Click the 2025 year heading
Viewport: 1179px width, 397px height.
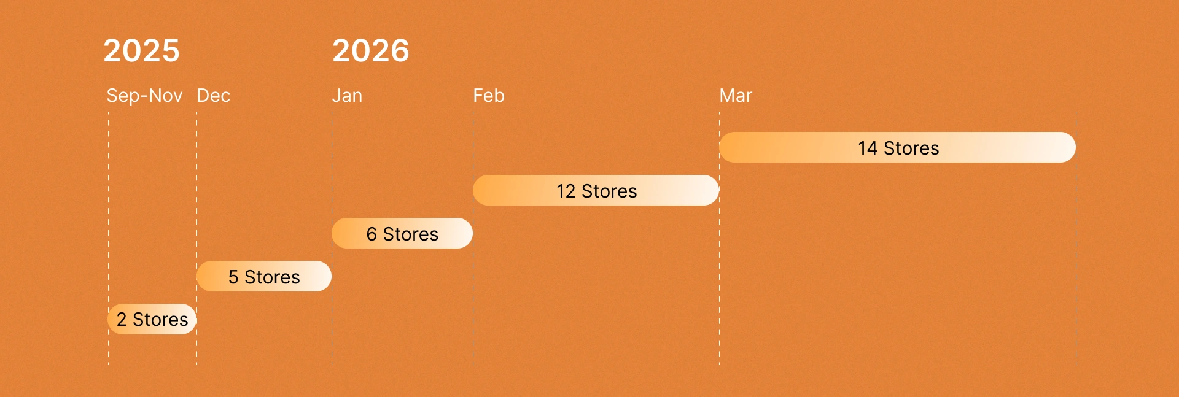coord(141,50)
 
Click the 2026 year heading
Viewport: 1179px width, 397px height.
coord(370,50)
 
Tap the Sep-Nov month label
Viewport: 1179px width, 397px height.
coord(144,96)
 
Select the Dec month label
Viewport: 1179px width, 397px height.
coord(213,96)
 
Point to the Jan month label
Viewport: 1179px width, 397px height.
coord(347,96)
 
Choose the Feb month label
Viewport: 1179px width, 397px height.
coord(489,96)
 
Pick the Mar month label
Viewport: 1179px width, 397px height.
coord(736,96)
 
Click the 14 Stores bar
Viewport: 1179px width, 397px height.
coord(897,147)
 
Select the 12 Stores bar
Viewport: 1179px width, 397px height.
coord(596,190)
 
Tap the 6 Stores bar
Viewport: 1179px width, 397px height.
coord(402,233)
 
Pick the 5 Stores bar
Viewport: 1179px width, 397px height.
coord(264,276)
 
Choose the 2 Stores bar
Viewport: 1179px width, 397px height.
coord(152,319)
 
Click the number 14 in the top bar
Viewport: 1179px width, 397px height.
coord(868,148)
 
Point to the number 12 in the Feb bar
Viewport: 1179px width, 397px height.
coord(566,191)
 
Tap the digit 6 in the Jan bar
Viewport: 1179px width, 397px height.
coord(372,234)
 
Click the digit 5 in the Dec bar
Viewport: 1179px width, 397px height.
coord(233,277)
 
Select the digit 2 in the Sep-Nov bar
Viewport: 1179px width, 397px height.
coord(122,320)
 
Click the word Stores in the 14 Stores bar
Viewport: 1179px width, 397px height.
coord(911,148)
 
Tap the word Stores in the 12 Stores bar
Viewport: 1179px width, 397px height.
coord(609,191)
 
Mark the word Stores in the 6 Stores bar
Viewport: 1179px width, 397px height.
coord(411,234)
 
